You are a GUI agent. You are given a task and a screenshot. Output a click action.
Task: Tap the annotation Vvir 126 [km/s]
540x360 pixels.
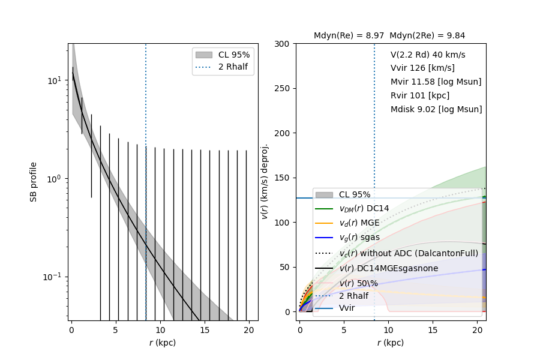point(422,68)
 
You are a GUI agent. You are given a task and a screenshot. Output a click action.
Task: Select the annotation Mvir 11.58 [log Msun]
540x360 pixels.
point(436,82)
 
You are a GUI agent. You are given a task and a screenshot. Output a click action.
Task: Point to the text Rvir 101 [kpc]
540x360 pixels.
point(419,95)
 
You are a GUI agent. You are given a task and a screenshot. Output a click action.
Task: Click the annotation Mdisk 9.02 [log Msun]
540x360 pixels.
point(436,109)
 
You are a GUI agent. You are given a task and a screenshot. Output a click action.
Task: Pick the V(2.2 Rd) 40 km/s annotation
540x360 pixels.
point(428,54)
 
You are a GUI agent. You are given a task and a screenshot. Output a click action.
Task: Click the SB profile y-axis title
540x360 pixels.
point(34,181)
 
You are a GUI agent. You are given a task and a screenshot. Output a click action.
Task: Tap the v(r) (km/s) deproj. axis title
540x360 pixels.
point(265,181)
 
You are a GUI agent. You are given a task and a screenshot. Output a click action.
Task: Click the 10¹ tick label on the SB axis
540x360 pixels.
point(54,80)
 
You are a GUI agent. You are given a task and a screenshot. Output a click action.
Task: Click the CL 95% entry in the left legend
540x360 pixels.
point(234,55)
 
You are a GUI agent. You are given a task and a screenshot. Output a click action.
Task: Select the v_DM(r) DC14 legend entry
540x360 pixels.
point(364,208)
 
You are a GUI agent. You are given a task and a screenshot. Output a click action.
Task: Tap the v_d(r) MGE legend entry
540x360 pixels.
point(360,223)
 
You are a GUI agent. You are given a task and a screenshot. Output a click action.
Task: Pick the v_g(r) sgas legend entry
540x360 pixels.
point(361,238)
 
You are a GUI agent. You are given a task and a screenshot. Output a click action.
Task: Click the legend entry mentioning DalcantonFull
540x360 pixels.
point(409,253)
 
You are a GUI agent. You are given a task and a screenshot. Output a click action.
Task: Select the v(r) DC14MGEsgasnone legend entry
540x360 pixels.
point(388,268)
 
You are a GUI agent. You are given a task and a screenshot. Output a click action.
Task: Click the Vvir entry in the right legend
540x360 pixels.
point(347,308)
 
